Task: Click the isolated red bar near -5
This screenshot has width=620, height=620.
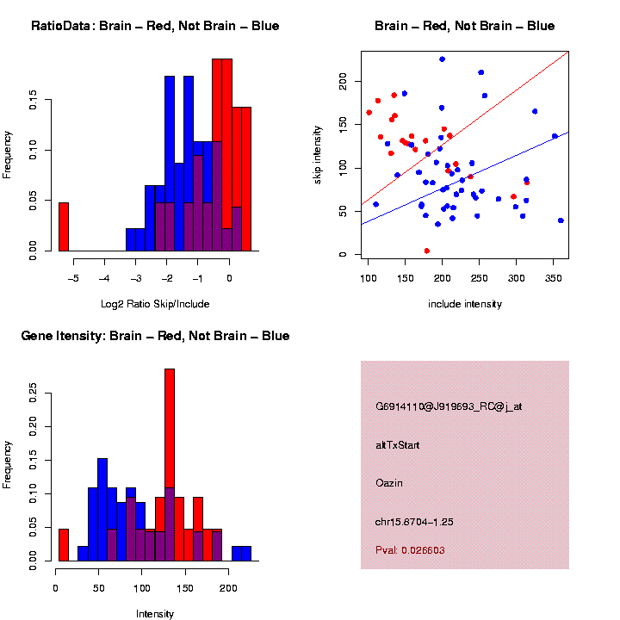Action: pyautogui.click(x=64, y=228)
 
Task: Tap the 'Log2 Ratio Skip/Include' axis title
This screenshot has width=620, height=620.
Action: pyautogui.click(x=155, y=303)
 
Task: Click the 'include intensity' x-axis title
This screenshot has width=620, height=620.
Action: pyautogui.click(x=465, y=303)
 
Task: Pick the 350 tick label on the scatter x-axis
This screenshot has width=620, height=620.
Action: pyautogui.click(x=553, y=278)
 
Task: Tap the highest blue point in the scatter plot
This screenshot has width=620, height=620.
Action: pyautogui.click(x=442, y=59)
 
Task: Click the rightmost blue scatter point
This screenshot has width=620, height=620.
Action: pyautogui.click(x=561, y=220)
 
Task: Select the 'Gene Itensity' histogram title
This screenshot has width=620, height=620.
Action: pyautogui.click(x=155, y=336)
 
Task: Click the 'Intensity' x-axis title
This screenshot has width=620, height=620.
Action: pyautogui.click(x=155, y=614)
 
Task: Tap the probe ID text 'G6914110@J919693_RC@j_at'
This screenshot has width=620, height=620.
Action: pyautogui.click(x=449, y=406)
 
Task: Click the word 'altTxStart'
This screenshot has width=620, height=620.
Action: pyautogui.click(x=397, y=445)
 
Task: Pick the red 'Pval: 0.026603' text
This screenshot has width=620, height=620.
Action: pyautogui.click(x=410, y=549)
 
